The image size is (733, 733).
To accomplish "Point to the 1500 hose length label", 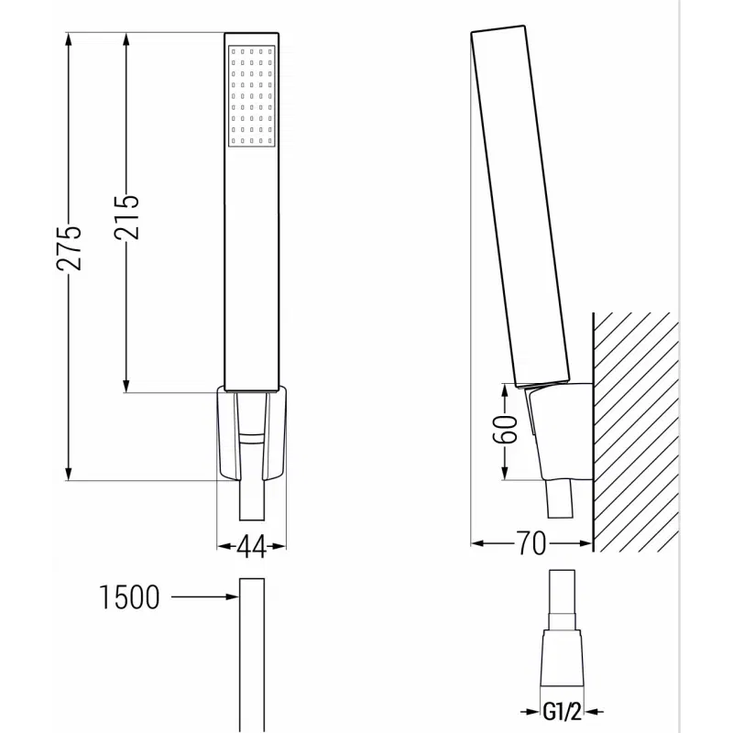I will pyautogui.click(x=129, y=598).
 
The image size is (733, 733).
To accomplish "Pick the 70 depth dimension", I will pyautogui.click(x=531, y=544).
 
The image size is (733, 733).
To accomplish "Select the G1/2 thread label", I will pyautogui.click(x=563, y=711).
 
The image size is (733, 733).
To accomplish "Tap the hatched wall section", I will pyautogui.click(x=638, y=431).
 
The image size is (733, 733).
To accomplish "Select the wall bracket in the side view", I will pyautogui.click(x=557, y=431).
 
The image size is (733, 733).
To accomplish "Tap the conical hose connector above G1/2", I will pyautogui.click(x=563, y=655).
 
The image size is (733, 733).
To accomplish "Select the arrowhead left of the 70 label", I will pyautogui.click(x=477, y=544).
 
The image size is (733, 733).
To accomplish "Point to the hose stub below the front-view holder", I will pyautogui.click(x=251, y=504).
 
